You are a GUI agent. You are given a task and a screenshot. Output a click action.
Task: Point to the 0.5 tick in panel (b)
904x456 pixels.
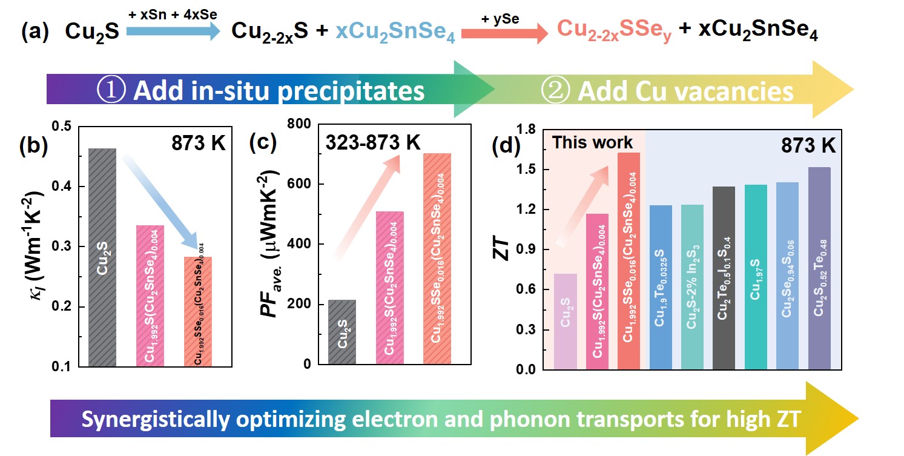coord(62,127)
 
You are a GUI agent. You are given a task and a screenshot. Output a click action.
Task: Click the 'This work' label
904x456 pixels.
coord(593,143)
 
